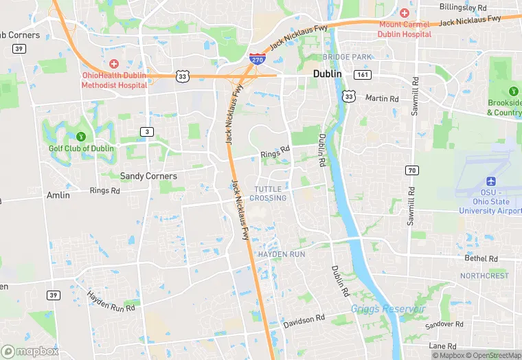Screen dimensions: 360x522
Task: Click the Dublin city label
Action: click(328, 74)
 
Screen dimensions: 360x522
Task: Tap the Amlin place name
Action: click(58, 195)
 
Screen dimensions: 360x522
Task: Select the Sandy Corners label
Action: click(148, 176)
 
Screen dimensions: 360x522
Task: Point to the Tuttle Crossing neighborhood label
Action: click(268, 193)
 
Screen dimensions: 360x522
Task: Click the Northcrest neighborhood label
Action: click(484, 275)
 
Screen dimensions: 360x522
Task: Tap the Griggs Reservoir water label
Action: click(389, 308)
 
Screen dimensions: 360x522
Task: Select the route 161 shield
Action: click(362, 74)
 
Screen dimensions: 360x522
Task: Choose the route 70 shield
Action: click(412, 170)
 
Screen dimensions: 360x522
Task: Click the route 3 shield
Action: click(146, 131)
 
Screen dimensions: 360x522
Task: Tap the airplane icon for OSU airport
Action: click(491, 181)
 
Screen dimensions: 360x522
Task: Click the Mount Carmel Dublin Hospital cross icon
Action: click(405, 14)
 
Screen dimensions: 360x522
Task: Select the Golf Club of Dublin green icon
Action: click(81, 136)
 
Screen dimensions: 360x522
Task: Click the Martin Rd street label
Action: click(382, 98)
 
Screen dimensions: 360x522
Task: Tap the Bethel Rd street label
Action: click(481, 258)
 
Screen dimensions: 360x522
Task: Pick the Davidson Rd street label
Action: click(304, 319)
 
